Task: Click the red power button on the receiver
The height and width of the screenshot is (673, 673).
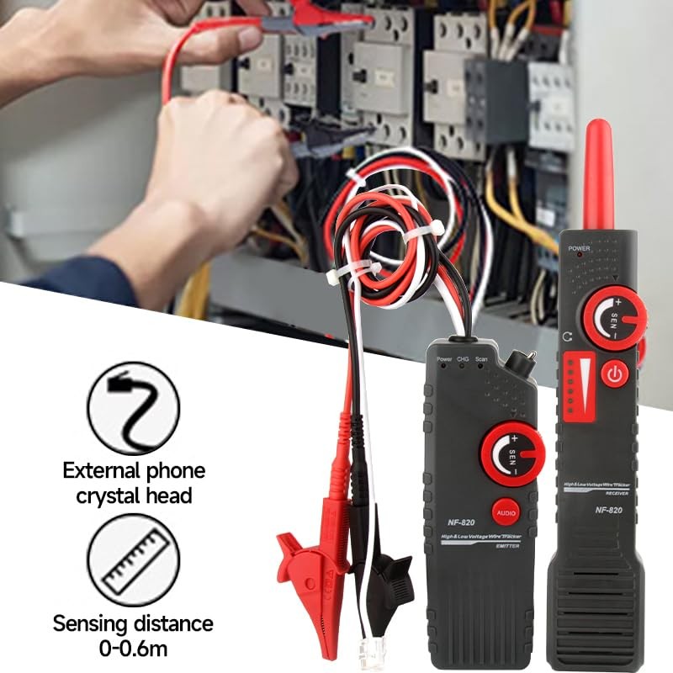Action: tap(615, 374)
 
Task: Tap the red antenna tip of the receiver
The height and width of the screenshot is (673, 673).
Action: tap(598, 168)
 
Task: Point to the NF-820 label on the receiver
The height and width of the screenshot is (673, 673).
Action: tap(608, 510)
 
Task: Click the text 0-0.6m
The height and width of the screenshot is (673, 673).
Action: tap(133, 648)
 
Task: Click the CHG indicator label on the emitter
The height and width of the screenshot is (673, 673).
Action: tap(463, 358)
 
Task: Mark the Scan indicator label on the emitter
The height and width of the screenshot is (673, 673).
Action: tap(481, 358)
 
